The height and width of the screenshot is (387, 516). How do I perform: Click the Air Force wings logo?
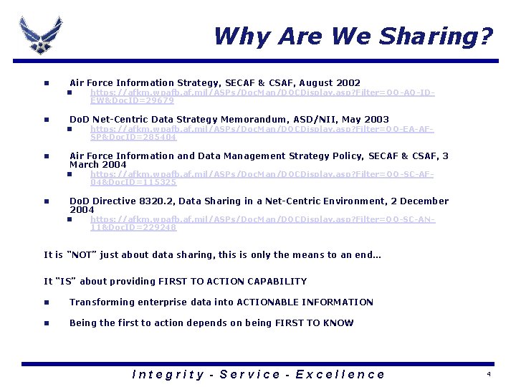pyautogui.click(x=40, y=34)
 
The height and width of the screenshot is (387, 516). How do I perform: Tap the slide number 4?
pyautogui.click(x=489, y=375)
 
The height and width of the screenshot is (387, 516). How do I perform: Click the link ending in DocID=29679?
pyautogui.click(x=262, y=97)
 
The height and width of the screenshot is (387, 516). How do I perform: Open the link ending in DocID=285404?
pyautogui.click(x=262, y=133)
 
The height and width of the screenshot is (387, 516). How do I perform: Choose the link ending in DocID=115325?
pyautogui.click(x=262, y=178)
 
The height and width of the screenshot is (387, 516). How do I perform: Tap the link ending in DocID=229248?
pyautogui.click(x=262, y=224)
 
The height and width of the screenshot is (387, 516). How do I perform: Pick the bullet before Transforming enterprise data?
pyautogui.click(x=46, y=302)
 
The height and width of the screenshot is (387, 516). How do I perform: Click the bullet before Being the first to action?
pyautogui.click(x=46, y=323)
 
